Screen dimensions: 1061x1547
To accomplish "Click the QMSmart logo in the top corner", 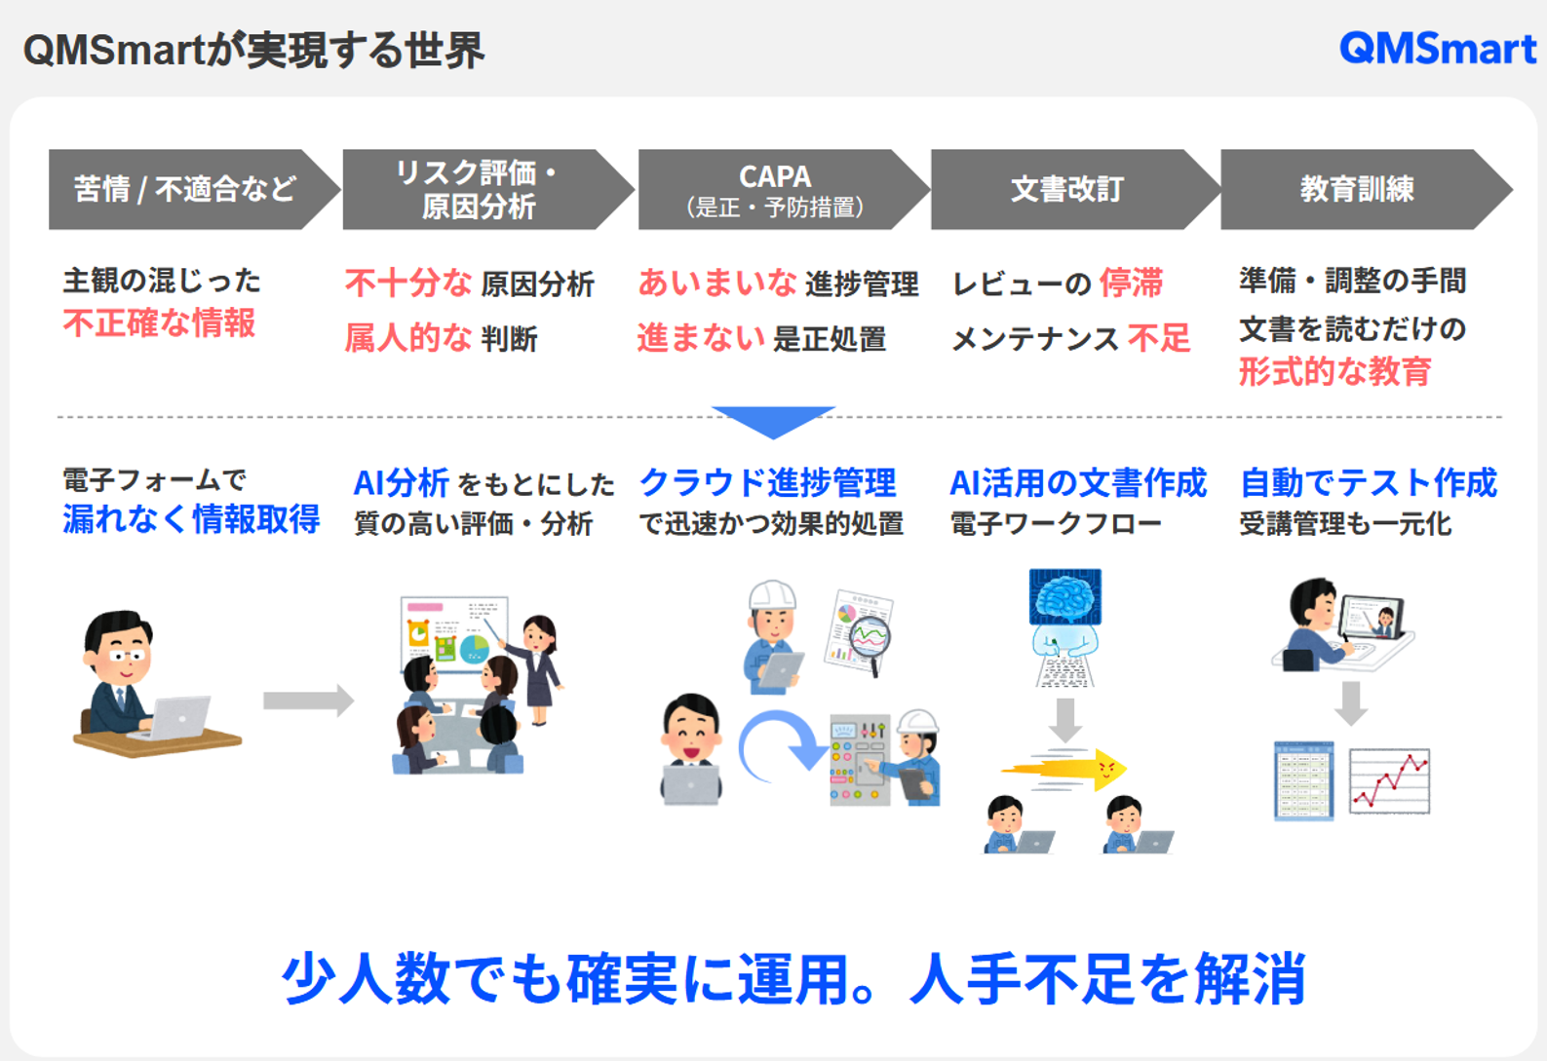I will pos(1437,48).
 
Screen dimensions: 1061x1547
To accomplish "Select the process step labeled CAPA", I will pos(775,189).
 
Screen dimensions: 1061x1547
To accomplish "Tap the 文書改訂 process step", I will pos(1067,189).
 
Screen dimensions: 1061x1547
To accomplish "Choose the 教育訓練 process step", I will pos(1356,189).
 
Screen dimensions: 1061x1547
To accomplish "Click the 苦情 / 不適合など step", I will pos(185,189).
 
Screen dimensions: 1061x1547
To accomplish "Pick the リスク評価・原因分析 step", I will pos(478,189).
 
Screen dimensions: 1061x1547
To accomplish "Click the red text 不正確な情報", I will pos(159,322).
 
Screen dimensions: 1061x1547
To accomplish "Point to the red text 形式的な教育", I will pos(1334,371).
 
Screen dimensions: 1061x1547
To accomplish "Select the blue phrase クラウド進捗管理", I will pos(767,482).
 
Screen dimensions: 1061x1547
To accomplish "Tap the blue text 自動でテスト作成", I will pos(1368,482).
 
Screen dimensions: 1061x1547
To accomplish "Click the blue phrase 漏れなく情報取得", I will pos(191,519).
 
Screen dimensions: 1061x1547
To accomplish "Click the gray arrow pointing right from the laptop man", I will pos(307,700).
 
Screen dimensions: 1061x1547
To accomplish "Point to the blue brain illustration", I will pos(1065,596).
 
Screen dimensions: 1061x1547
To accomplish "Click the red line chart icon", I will pos(1390,780).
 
